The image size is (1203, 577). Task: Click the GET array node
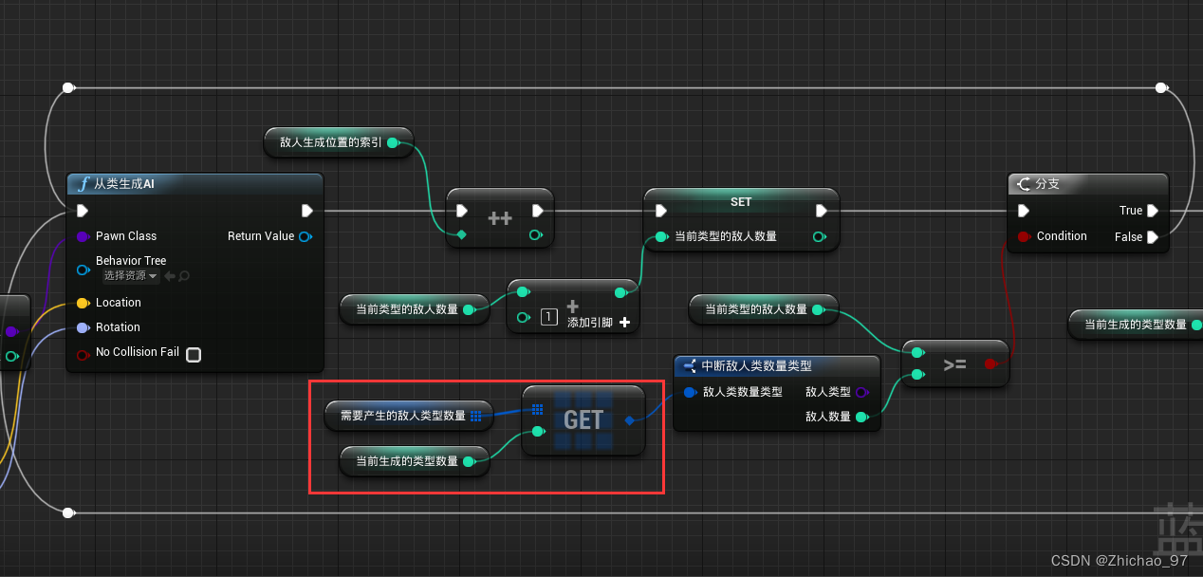point(583,419)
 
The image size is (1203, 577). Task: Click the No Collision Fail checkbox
point(194,355)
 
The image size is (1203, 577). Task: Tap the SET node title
point(741,202)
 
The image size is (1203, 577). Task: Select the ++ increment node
point(500,218)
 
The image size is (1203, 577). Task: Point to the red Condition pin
point(1024,236)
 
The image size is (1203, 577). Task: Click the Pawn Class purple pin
point(83,236)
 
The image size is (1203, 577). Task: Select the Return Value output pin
point(305,236)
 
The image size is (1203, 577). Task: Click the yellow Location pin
point(83,303)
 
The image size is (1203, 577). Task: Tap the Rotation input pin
point(83,327)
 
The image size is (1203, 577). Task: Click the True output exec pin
point(1153,211)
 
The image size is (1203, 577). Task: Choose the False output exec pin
point(1153,237)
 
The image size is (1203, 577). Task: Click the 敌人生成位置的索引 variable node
point(331,142)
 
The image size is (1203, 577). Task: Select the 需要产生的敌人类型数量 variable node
point(403,416)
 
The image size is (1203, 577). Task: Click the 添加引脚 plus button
point(624,323)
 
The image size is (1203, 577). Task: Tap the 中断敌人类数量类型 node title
point(756,365)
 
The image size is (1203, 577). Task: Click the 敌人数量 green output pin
point(861,417)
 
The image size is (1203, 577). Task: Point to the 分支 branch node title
point(1047,184)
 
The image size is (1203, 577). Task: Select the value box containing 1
point(548,317)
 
